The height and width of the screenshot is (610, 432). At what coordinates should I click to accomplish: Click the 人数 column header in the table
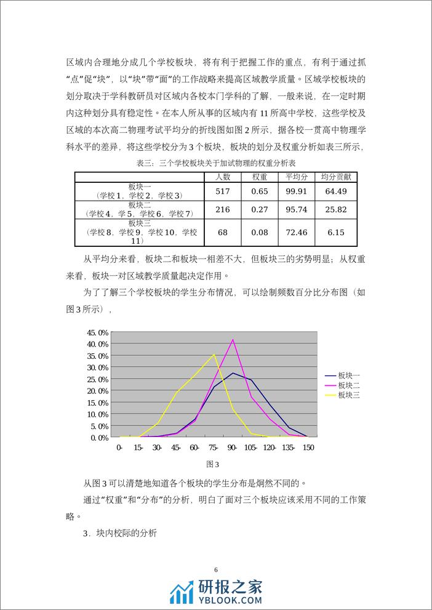tap(222, 177)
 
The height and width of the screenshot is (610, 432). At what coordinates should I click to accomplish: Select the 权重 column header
tap(259, 177)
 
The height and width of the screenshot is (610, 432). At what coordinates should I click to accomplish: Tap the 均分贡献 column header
tap(336, 177)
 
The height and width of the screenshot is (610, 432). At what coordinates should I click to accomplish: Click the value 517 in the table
tap(222, 191)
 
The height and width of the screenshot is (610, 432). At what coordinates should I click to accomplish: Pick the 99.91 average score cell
tap(296, 191)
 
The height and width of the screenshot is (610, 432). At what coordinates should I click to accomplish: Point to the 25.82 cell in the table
tap(336, 210)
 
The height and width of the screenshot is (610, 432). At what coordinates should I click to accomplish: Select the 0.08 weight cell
tap(259, 232)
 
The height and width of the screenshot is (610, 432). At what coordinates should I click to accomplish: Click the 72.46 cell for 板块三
tap(296, 232)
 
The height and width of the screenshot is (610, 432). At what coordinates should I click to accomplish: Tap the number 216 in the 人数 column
tap(222, 210)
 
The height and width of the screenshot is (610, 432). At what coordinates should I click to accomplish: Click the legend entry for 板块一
tap(348, 375)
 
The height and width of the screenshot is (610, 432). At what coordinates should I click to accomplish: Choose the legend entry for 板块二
tap(348, 385)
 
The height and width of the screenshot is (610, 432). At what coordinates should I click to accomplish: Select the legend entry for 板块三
tap(348, 395)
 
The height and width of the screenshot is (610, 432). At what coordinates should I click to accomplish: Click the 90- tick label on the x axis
tap(233, 447)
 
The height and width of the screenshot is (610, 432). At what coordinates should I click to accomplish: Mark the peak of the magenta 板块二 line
tap(233, 339)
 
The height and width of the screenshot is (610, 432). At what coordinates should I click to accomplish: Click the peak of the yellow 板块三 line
tap(214, 354)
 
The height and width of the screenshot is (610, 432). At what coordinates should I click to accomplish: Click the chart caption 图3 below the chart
tap(213, 464)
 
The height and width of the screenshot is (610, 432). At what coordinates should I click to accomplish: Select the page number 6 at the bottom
tap(216, 569)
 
